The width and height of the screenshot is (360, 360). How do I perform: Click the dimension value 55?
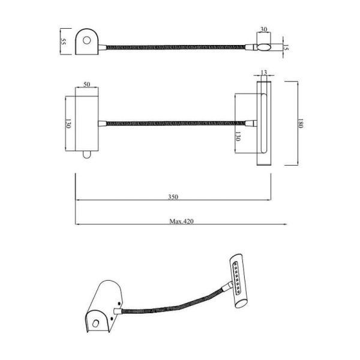tap(63, 43)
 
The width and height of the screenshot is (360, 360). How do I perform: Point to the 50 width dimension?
tap(87, 85)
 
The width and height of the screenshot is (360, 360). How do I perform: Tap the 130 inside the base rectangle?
tap(68, 124)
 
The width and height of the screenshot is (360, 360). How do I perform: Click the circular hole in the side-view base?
tap(88, 41)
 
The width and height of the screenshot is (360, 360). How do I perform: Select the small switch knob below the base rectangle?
tap(87, 155)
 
